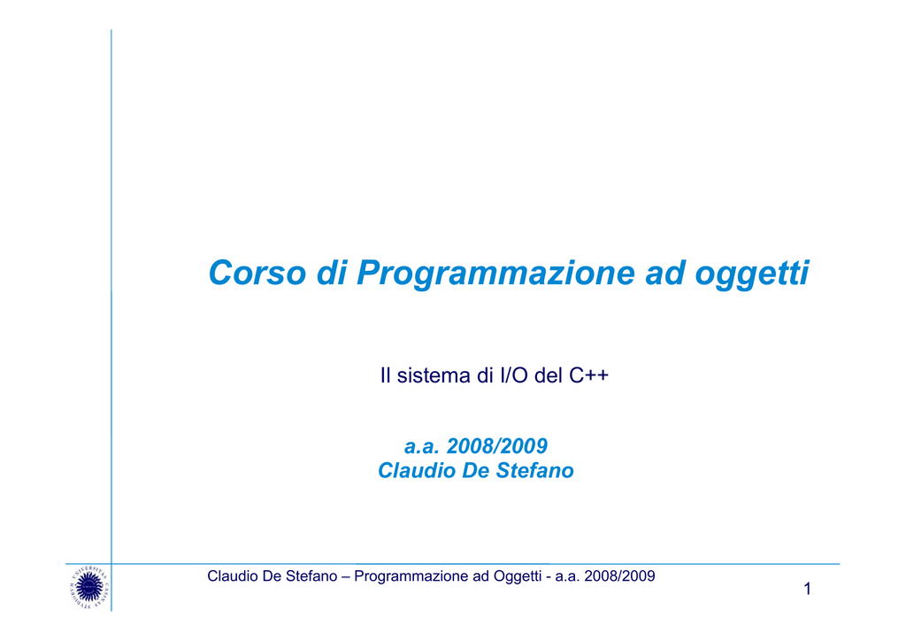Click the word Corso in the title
(x=257, y=272)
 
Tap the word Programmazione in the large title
(x=495, y=274)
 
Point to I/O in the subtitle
(x=514, y=375)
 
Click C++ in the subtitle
(x=588, y=375)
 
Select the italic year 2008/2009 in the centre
(x=497, y=446)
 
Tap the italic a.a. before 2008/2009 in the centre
(x=422, y=447)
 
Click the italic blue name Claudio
(x=418, y=470)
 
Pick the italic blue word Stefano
(x=534, y=470)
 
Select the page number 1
(x=807, y=589)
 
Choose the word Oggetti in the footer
(x=517, y=577)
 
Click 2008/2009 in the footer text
(x=619, y=576)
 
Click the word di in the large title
(x=332, y=273)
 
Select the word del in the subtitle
(x=549, y=375)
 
